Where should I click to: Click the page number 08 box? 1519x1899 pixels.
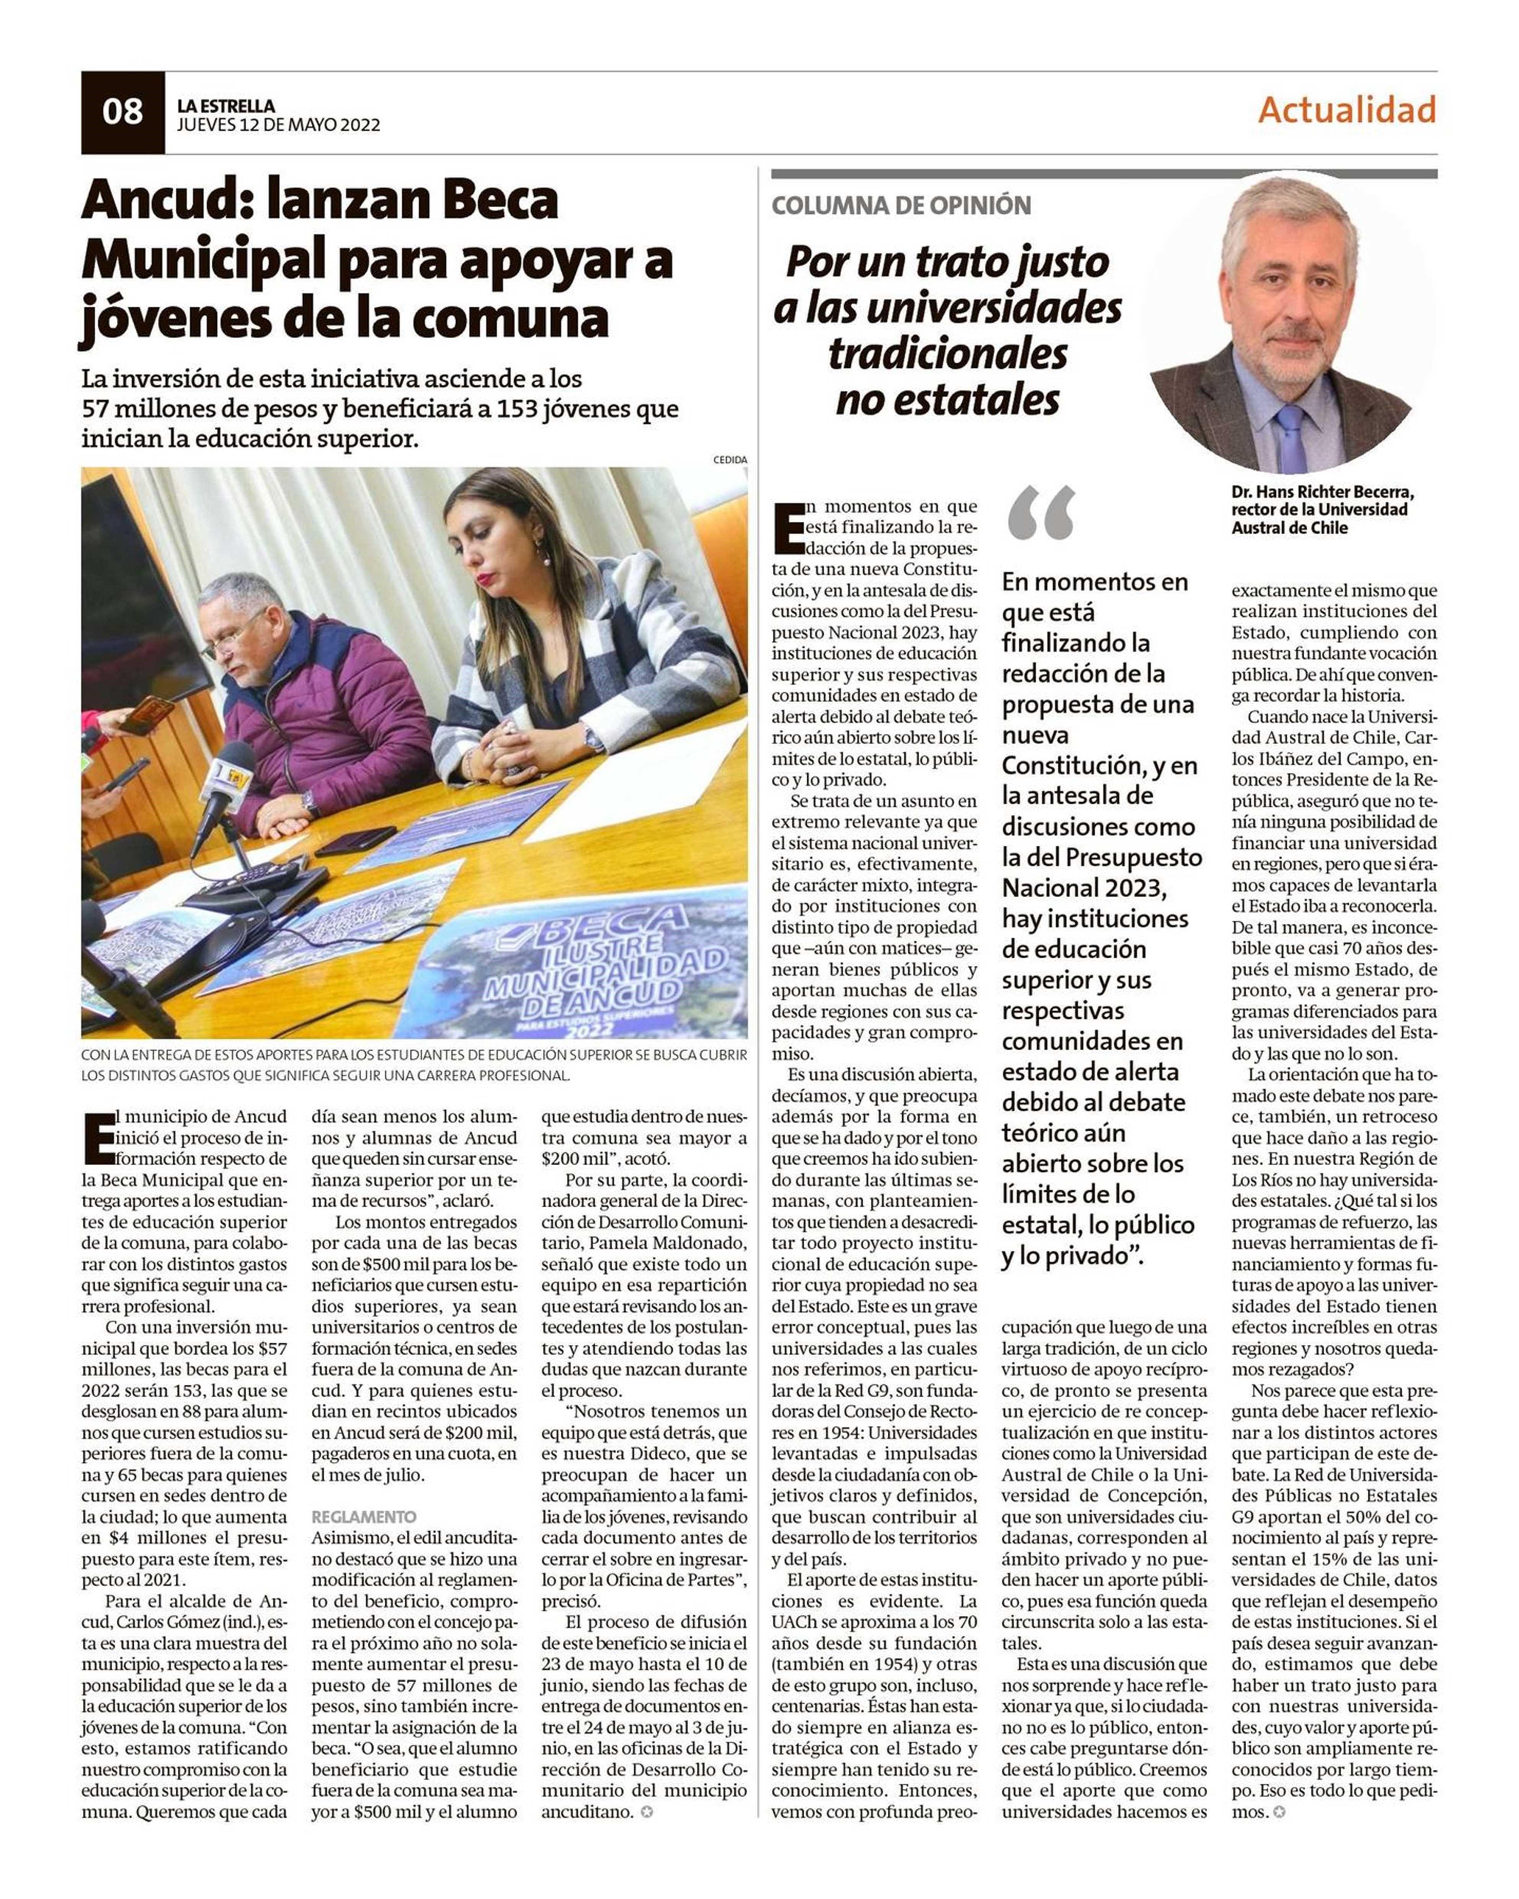122,112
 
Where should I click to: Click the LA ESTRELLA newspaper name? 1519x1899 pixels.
225,106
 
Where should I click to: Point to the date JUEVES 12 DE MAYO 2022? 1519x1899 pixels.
278,125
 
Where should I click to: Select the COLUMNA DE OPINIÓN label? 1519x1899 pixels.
900,206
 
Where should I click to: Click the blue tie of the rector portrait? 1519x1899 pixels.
1292,438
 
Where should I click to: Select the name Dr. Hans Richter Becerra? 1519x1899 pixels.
1321,492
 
